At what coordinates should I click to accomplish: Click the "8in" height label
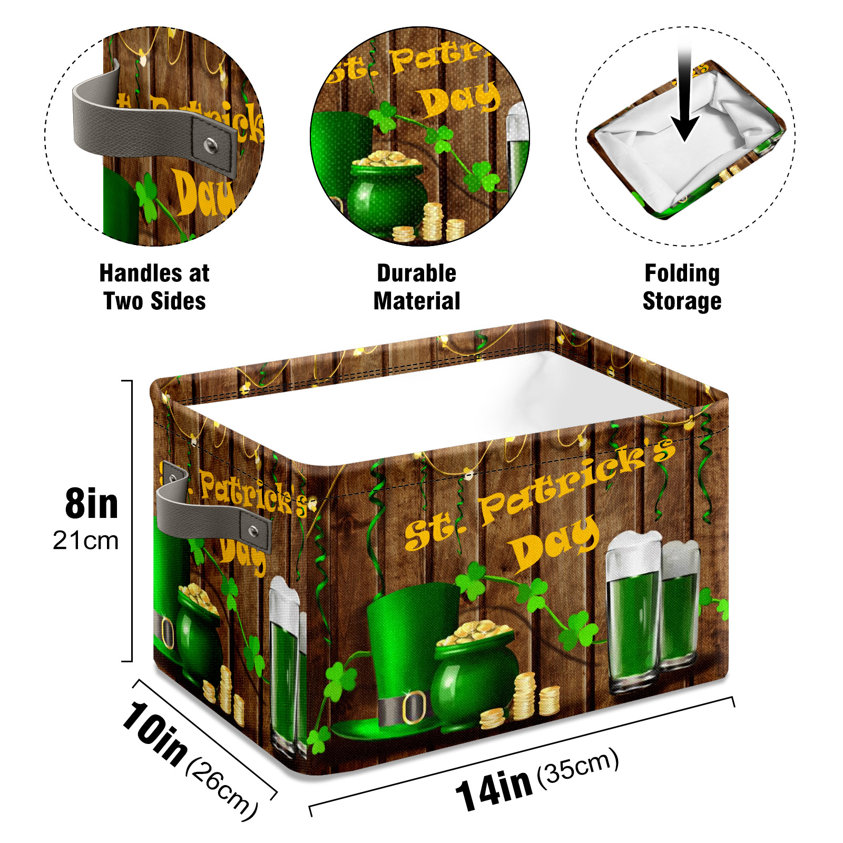pyautogui.click(x=92, y=504)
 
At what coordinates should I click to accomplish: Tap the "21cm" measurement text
pyautogui.click(x=86, y=541)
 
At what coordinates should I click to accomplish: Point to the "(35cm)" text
pyautogui.click(x=577, y=764)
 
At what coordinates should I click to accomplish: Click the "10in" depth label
pyautogui.click(x=155, y=733)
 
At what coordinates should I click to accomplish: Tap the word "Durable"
pyautogui.click(x=417, y=273)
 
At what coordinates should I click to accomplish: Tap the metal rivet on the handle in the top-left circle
pyautogui.click(x=211, y=144)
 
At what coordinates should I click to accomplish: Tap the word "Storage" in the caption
pyautogui.click(x=682, y=301)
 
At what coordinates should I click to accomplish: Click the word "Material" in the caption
pyautogui.click(x=417, y=301)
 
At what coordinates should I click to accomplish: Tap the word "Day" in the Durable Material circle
pyautogui.click(x=458, y=100)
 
